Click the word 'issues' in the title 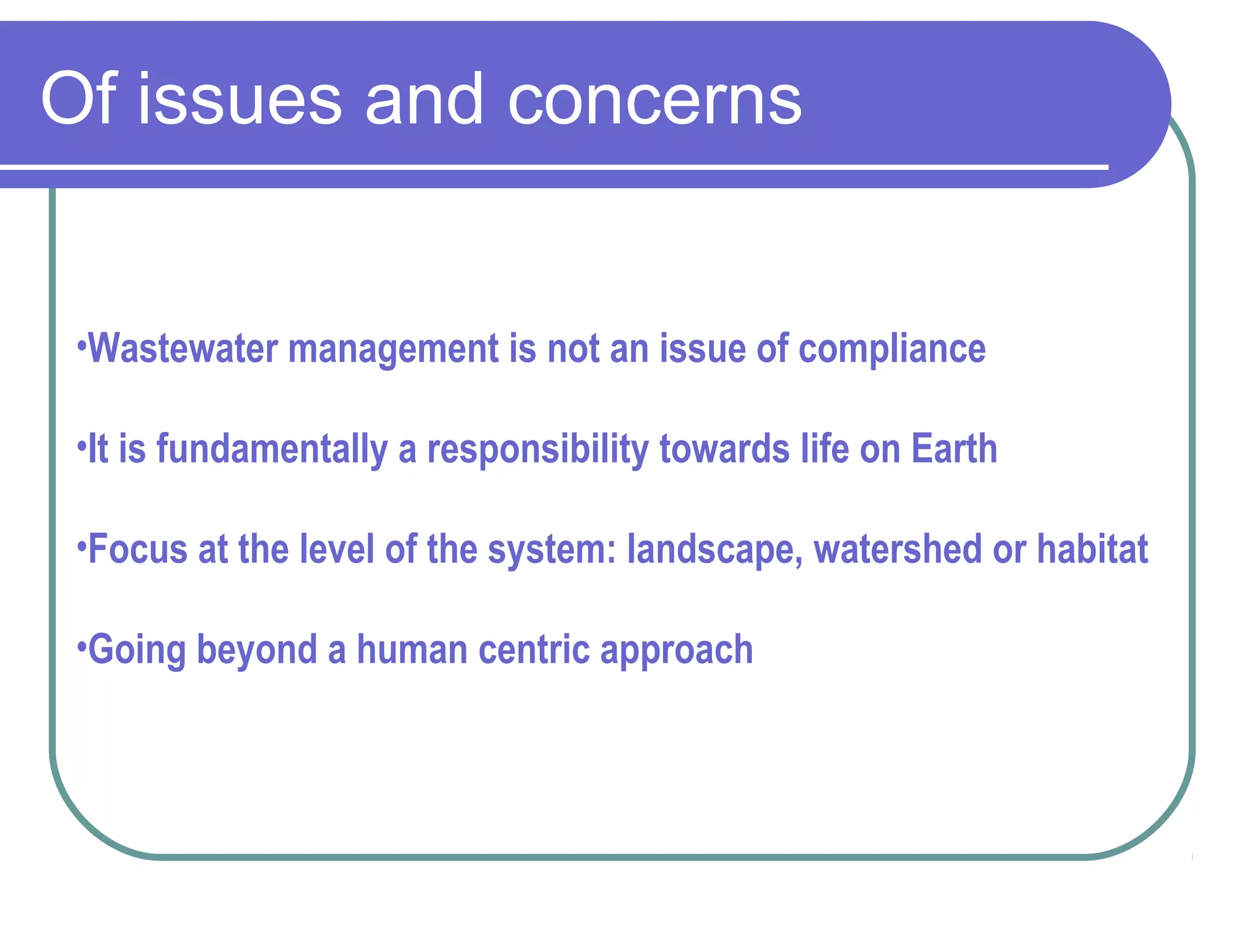[240, 99]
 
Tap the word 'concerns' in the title [654, 99]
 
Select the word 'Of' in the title [78, 99]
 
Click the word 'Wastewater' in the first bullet [183, 349]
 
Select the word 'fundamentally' [272, 450]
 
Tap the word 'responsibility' [537, 450]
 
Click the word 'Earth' [954, 448]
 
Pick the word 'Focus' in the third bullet [138, 549]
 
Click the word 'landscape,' [715, 550]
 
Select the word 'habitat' [1092, 549]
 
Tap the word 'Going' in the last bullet [137, 651]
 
